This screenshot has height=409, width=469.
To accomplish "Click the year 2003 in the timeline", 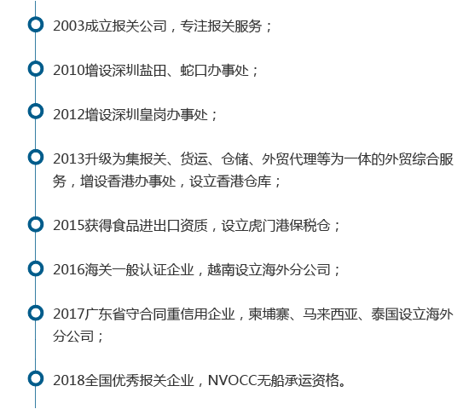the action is coord(69,26).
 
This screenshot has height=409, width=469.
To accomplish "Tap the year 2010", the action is coord(69,71).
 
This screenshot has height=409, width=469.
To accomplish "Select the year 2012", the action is coord(69,115).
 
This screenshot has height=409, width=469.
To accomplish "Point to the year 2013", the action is coord(69,159).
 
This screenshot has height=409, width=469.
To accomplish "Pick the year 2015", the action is coord(69,226).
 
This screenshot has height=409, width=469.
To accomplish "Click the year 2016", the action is coord(69,269).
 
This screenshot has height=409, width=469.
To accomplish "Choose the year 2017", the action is coord(69,314).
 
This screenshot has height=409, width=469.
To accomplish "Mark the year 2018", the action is coord(69,381).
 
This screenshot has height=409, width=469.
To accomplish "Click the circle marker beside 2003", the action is coord(36,18).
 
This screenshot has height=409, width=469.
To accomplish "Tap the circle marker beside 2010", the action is coord(36,62).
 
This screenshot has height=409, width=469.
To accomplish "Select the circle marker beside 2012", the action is coord(36,105).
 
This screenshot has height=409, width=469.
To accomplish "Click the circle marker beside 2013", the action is coord(36,150).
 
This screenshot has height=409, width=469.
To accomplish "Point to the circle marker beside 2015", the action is coord(36,217).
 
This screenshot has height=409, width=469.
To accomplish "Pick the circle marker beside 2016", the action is coord(36,262).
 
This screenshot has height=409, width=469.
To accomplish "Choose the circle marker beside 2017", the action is coord(36,306).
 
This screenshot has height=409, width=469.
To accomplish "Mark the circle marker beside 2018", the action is coord(36,372).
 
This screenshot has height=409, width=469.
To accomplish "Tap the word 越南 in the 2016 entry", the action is coord(221,269).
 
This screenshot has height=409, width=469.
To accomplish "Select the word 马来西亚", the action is coord(330,314).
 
